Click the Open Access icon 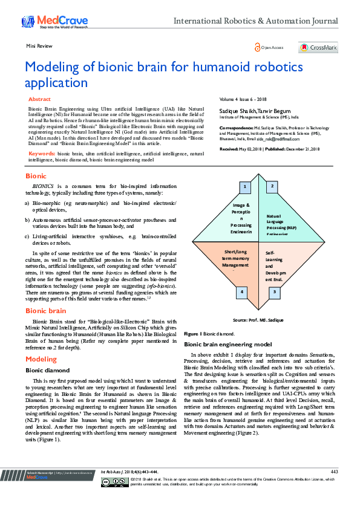258,47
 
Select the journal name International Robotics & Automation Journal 256,22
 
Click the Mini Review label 38,46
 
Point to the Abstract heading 39,99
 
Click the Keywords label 42,154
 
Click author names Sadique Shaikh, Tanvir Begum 246,111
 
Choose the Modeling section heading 41,359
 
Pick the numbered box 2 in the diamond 273,186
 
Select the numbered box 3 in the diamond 273,292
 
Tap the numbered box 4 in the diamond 242,292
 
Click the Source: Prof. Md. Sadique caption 258,319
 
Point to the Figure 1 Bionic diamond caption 211,334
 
